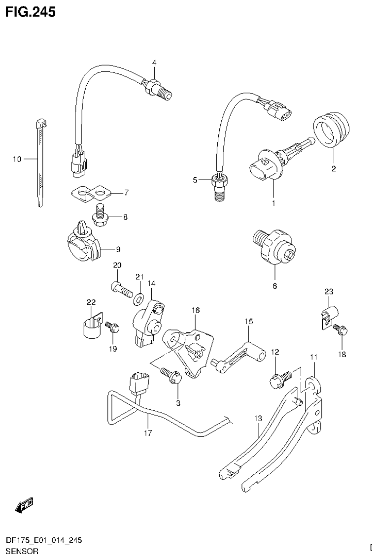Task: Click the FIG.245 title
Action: click(x=30, y=11)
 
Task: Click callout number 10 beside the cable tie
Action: click(x=17, y=159)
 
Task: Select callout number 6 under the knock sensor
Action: click(x=275, y=286)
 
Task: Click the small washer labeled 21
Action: click(x=140, y=298)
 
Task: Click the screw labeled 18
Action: click(x=340, y=330)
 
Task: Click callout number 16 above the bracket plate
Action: click(x=196, y=310)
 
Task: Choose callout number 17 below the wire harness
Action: click(x=148, y=433)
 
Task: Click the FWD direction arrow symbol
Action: click(x=24, y=504)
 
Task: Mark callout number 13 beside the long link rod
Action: click(x=258, y=419)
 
